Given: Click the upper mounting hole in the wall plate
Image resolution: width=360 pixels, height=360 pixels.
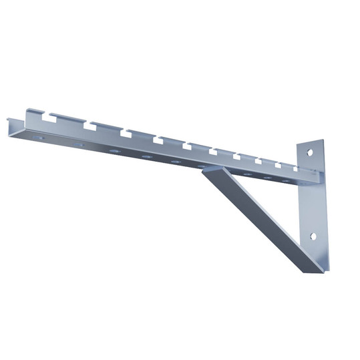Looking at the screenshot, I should click(x=309, y=152).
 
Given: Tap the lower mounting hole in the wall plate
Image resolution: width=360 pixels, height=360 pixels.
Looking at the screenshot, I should click(x=313, y=237).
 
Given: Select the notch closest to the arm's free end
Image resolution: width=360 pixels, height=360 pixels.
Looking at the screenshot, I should click(x=48, y=118).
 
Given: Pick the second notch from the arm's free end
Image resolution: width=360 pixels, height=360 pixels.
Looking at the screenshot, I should click(x=87, y=125).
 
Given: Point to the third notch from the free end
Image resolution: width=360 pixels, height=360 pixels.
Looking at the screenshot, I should click(x=124, y=132).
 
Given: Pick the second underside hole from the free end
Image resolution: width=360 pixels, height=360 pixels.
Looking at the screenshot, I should click(x=79, y=144).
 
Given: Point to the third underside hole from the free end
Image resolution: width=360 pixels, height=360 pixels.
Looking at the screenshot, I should click(x=114, y=150).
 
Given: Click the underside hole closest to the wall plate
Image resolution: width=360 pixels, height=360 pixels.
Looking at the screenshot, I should click(x=286, y=181).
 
